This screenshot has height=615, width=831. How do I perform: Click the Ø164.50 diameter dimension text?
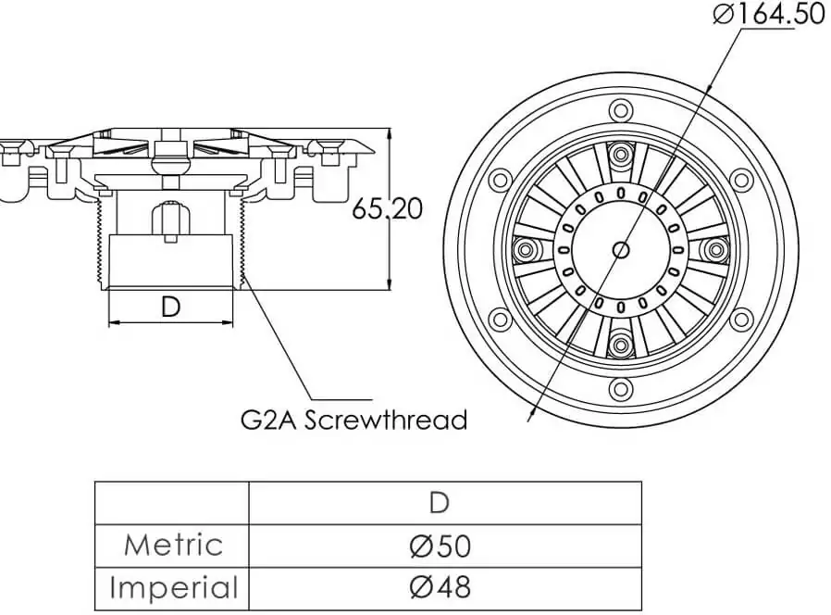coord(768,15)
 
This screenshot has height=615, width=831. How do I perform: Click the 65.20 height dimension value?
coord(387,208)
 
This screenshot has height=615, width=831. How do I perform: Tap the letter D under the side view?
coord(170,307)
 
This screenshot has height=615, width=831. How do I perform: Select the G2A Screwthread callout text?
coord(353,419)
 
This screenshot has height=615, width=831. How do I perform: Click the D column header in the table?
coord(440,503)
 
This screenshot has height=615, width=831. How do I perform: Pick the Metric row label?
coord(173,545)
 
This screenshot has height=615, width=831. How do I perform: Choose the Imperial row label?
coord(173,587)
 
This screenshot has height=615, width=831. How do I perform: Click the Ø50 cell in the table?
coord(440,546)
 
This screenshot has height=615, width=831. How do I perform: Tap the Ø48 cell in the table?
coord(440,587)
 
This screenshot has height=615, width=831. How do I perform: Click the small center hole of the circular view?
coord(621,250)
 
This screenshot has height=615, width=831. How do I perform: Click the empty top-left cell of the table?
coord(172,503)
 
